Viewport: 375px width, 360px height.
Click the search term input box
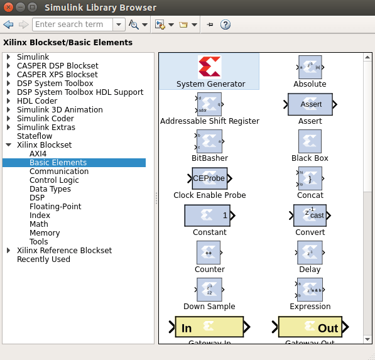(72, 25)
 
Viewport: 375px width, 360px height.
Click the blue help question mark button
(226, 25)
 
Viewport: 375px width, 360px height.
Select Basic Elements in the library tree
(58, 163)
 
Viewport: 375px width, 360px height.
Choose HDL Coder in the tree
(37, 101)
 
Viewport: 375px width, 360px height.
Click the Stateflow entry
(35, 136)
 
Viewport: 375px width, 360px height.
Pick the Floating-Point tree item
(55, 207)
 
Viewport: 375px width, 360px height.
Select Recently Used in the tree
(43, 259)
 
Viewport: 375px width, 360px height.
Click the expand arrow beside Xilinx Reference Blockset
(9, 251)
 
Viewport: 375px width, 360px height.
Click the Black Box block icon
(310, 141)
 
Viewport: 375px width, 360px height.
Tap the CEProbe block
(209, 178)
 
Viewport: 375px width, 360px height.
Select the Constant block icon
(209, 215)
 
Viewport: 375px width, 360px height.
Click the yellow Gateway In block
(209, 327)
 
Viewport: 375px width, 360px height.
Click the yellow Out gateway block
(310, 327)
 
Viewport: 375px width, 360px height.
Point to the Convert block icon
(310, 215)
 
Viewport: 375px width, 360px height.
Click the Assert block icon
(310, 104)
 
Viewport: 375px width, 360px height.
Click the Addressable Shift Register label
(210, 121)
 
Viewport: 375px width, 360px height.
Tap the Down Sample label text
(209, 307)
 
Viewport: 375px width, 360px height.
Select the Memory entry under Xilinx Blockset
(45, 233)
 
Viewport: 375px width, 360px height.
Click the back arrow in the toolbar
(8, 25)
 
